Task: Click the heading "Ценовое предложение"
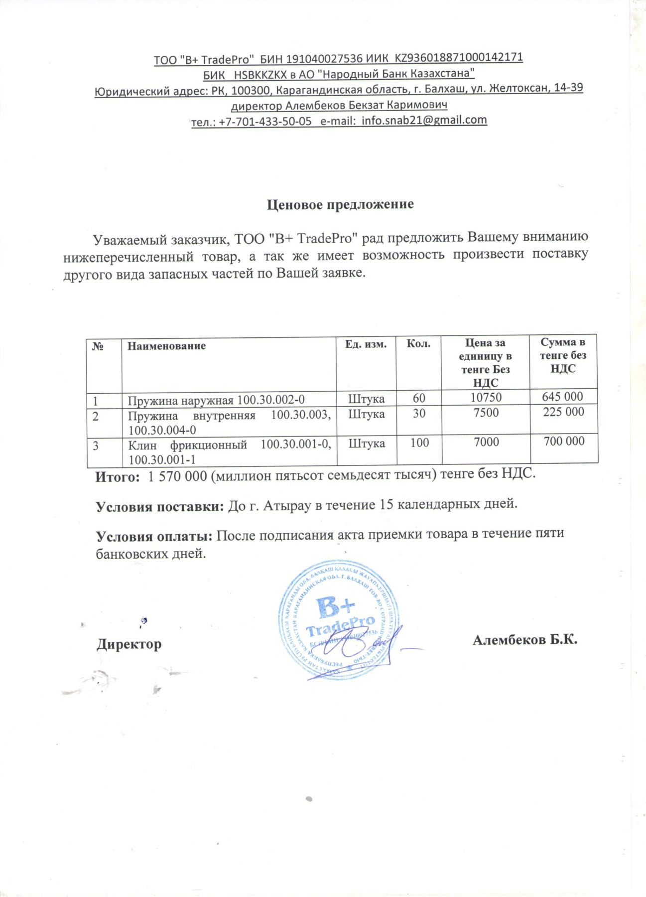340,204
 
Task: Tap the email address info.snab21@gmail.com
424,120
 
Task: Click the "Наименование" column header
166,346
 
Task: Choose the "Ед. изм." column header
366,344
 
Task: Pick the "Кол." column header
418,343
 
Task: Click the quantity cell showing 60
419,398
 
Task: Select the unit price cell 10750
486,397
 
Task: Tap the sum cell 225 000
563,412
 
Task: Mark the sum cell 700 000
564,441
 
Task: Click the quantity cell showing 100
419,443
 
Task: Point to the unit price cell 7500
486,413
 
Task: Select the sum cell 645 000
562,397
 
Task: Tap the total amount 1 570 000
177,476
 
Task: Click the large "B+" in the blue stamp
335,607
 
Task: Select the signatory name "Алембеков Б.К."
524,640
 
